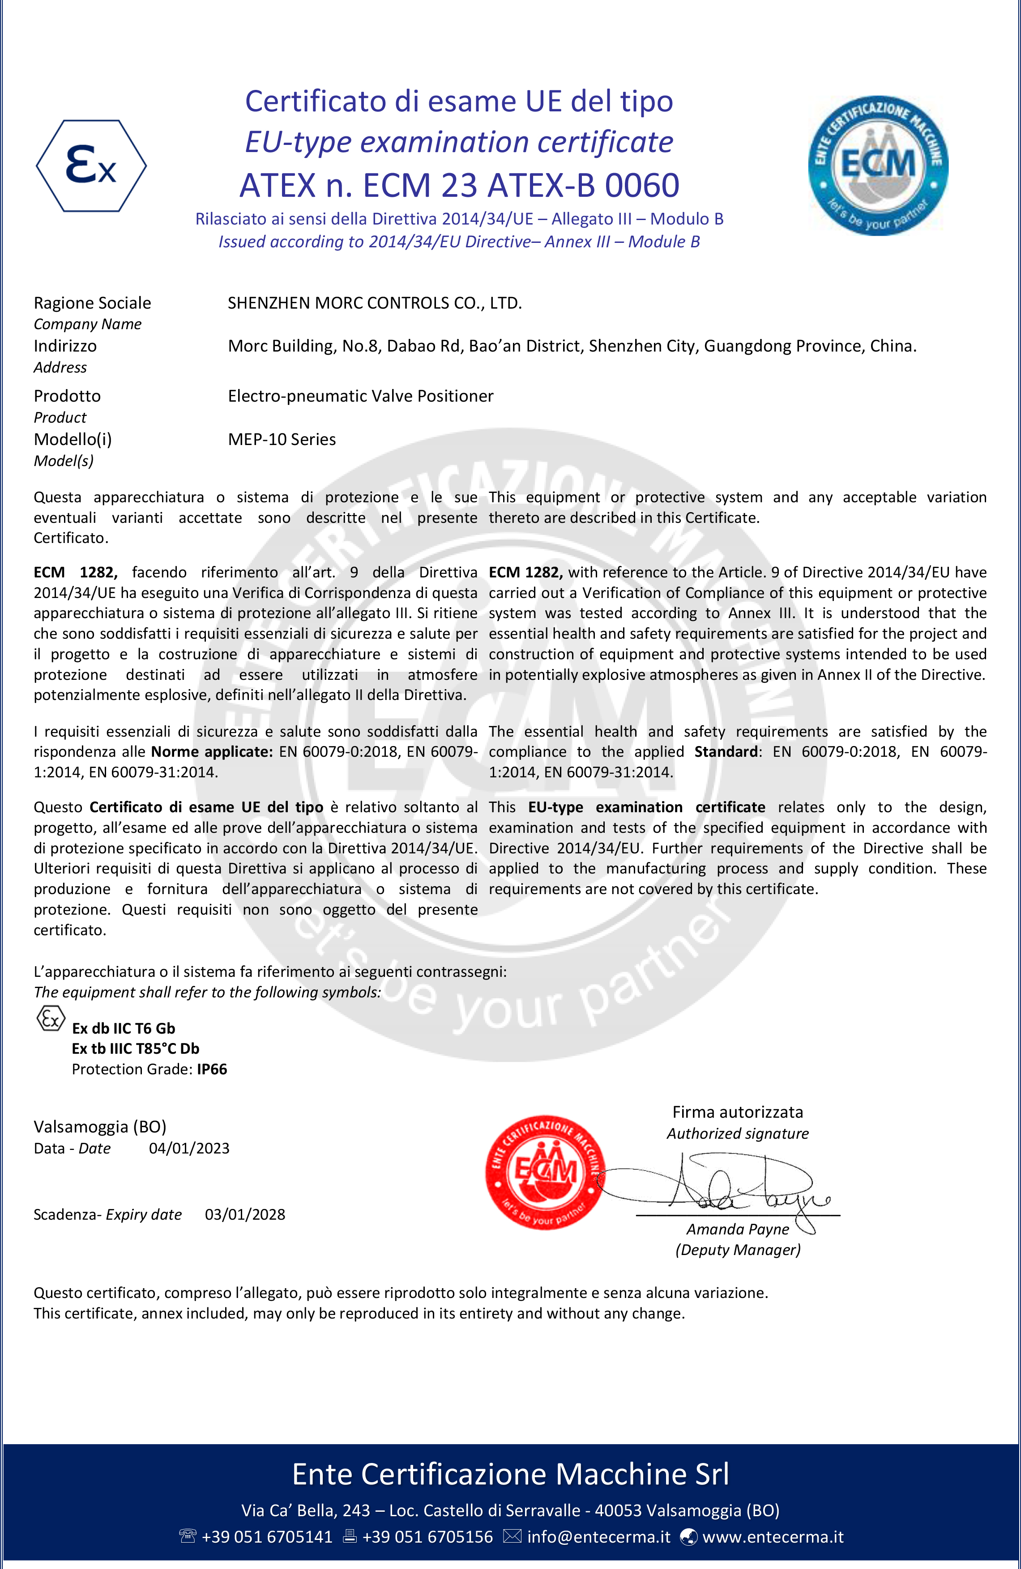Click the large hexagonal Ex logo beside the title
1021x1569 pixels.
91,165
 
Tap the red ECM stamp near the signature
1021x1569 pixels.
545,1172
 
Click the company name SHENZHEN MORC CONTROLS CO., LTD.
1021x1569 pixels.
375,303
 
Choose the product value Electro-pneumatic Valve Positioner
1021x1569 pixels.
360,396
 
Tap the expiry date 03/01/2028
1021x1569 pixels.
245,1214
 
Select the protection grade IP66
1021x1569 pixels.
212,1069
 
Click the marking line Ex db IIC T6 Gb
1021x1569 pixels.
124,1028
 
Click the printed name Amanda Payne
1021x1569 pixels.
737,1230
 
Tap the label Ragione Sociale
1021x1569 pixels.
92,303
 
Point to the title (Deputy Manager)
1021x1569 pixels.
737,1250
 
